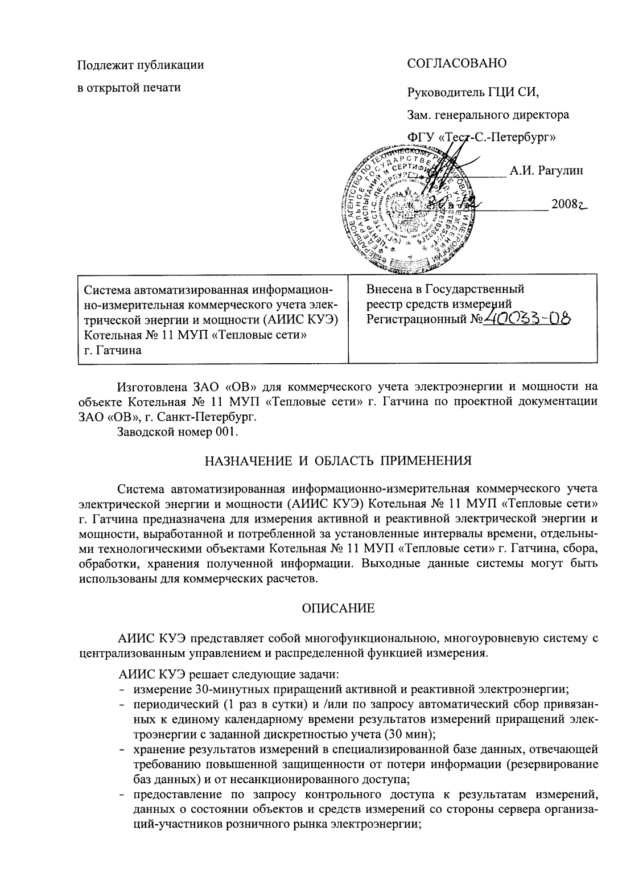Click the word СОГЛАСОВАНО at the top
pyautogui.click(x=456, y=63)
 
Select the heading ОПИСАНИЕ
pyautogui.click(x=338, y=609)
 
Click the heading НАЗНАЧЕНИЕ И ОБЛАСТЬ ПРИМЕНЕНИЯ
pyautogui.click(x=338, y=461)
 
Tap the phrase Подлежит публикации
pyautogui.click(x=141, y=64)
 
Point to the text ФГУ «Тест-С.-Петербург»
pyautogui.click(x=481, y=137)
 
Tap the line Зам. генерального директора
pyautogui.click(x=488, y=114)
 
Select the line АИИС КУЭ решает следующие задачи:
pyautogui.click(x=228, y=675)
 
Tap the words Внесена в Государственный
pyautogui.click(x=445, y=289)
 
